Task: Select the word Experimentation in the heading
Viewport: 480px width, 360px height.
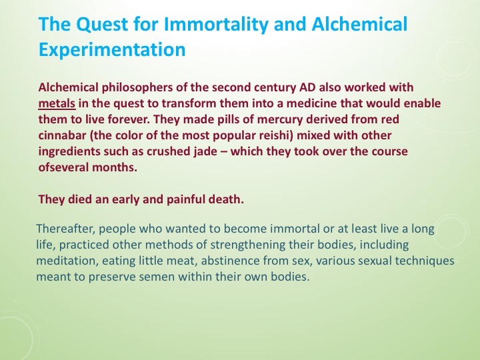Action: tap(112, 49)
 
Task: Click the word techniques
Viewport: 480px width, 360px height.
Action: tap(428, 261)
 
